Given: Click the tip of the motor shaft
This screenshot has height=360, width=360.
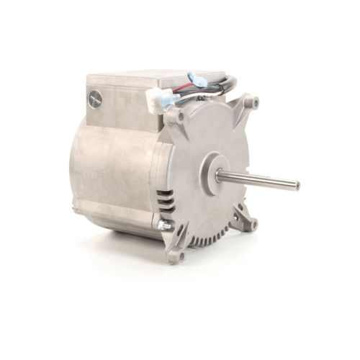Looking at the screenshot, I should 297,185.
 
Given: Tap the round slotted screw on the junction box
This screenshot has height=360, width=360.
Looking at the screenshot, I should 94,99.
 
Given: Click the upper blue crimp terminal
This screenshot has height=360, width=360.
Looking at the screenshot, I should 196,79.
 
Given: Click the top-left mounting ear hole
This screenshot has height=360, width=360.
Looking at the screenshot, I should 174,114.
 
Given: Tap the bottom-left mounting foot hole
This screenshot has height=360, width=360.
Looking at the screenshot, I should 179,254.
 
